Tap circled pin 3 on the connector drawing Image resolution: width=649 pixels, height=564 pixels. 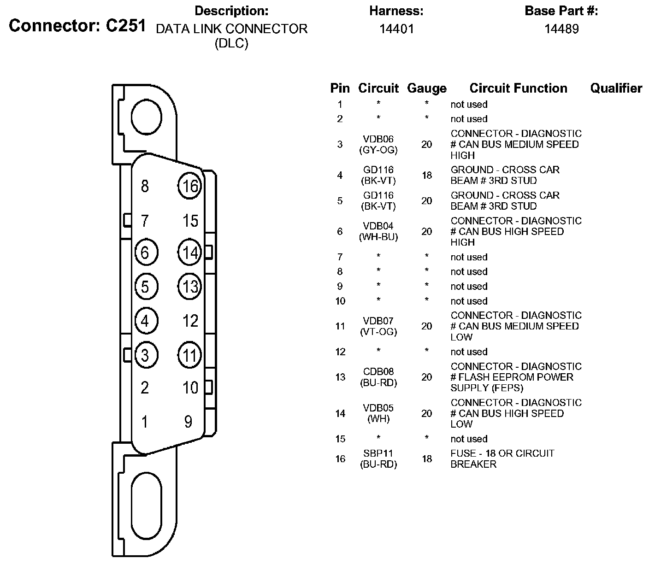pos(146,355)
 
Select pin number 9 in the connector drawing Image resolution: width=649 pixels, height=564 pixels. pos(188,421)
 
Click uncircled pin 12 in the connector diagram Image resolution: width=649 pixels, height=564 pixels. pos(190,321)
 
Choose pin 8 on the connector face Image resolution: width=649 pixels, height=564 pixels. pos(145,186)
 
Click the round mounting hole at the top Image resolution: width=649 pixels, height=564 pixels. pos(147,117)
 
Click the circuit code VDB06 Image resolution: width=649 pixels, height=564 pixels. pos(378,139)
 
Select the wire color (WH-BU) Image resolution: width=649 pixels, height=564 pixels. pos(378,237)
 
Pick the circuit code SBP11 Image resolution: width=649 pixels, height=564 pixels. pos(378,453)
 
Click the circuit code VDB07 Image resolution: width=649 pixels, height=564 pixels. pos(378,321)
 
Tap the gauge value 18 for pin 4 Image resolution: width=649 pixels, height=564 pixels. pos(427,175)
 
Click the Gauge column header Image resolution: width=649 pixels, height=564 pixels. pos(427,88)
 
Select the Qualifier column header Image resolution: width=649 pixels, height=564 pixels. pos(616,88)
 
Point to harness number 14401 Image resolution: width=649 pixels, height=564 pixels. pos(396,29)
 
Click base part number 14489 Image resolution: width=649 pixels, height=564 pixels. pos(561,29)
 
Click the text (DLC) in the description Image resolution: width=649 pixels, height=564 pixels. pos(231,44)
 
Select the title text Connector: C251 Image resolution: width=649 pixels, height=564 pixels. pos(77,26)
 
